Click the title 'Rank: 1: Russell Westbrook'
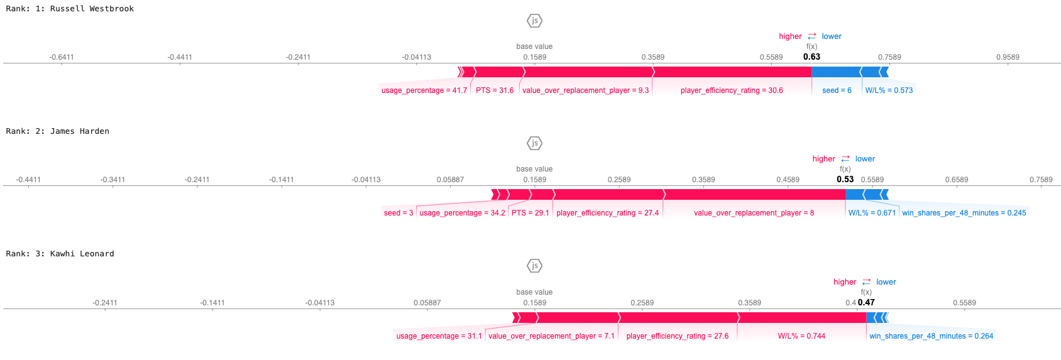coord(70,9)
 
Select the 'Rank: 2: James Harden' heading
coord(58,131)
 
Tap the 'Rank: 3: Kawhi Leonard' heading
coord(60,254)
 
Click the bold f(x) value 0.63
coord(811,57)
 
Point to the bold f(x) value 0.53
coord(845,179)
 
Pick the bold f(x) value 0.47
coord(866,302)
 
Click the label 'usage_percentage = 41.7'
coord(424,90)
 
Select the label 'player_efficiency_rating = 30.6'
coord(732,90)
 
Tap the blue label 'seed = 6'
coord(837,90)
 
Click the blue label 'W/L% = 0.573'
coord(889,90)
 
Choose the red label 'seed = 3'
coord(399,213)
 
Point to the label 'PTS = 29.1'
coord(530,213)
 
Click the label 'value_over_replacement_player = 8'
coord(754,213)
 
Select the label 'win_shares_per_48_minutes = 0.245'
coord(964,213)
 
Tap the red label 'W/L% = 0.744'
coord(801,336)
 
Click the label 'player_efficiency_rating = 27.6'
coord(678,336)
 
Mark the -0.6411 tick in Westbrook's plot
coord(62,57)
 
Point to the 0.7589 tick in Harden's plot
coord(1041,180)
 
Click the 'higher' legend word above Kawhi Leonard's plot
coord(845,282)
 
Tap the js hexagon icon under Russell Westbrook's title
coord(534,21)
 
